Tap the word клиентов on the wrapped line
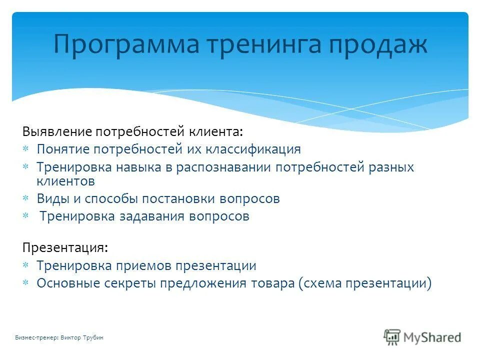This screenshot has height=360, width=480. (x=66, y=180)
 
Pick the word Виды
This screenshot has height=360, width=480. (x=51, y=198)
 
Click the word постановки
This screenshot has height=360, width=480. (x=179, y=198)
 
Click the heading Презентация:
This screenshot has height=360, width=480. (x=64, y=248)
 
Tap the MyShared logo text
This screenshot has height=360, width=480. (x=432, y=337)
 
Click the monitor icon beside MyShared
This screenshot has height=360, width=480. (x=392, y=337)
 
